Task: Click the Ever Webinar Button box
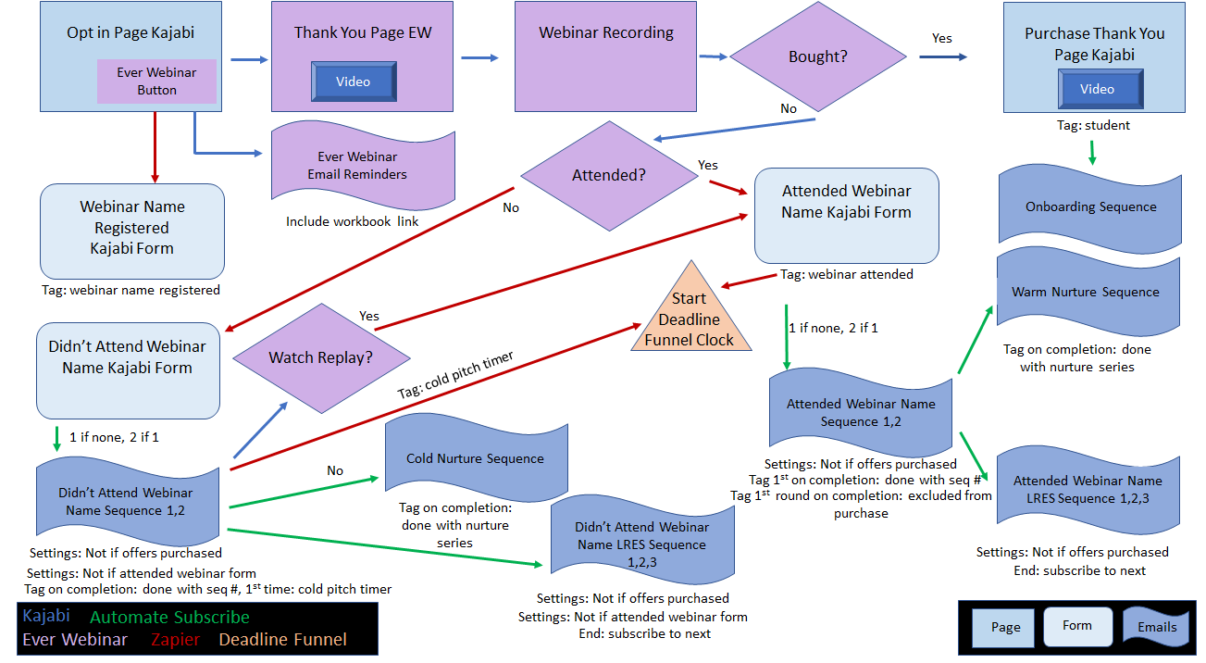pos(156,81)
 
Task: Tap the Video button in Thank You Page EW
pos(353,82)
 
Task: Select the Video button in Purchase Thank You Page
pos(1098,90)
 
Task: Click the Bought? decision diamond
pos(818,56)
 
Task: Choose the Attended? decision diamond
pos(609,175)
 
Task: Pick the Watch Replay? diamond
pos(320,357)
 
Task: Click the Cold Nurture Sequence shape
pos(476,458)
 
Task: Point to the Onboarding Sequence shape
pos(1090,207)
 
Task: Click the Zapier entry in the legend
pos(177,640)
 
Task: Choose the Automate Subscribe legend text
pos(169,617)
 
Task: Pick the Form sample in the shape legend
pos(1076,626)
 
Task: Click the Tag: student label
pos(1093,125)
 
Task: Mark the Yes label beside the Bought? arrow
pos(941,39)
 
